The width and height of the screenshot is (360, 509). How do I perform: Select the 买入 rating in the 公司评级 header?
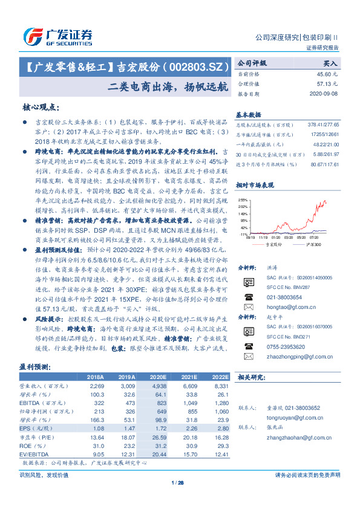point(330,63)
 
